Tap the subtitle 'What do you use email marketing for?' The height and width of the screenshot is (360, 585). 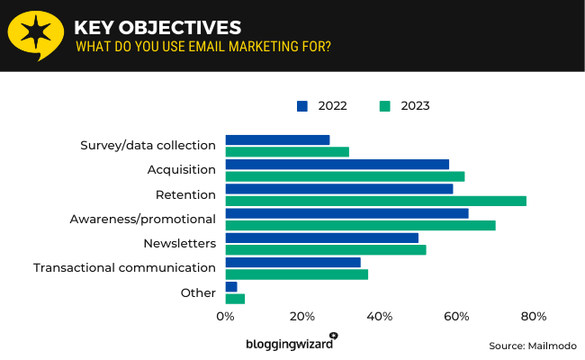(202, 46)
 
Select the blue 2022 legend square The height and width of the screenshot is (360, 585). (301, 106)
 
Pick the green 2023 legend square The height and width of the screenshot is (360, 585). (384, 106)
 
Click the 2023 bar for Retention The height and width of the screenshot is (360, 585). (375, 201)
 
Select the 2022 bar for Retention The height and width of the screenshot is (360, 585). (338, 189)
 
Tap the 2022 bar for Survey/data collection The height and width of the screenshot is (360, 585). (277, 139)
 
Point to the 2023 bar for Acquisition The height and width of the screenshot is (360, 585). (345, 176)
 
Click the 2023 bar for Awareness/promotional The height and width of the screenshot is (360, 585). (360, 225)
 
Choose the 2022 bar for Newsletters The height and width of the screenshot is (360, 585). (321, 238)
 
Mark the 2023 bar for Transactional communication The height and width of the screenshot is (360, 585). (296, 274)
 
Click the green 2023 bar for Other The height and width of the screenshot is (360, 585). (235, 298)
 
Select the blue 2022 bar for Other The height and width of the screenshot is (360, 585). (231, 286)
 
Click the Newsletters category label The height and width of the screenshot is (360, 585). (179, 244)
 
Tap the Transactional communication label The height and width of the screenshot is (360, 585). (124, 268)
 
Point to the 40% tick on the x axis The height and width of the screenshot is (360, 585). (380, 317)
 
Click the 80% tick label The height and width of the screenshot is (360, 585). (534, 317)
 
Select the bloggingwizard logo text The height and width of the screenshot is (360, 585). (289, 344)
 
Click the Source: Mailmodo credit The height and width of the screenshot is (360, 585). (532, 346)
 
